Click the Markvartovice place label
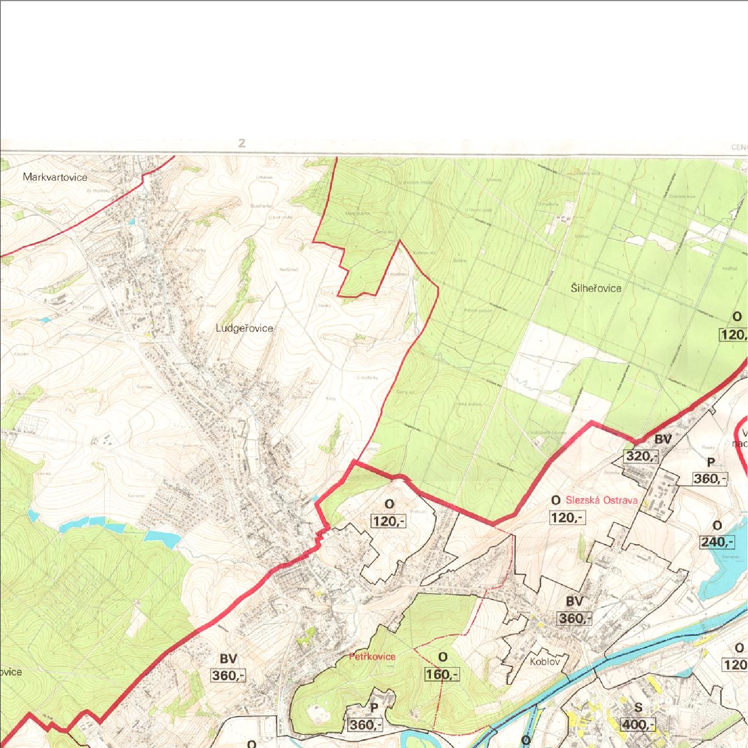click(x=55, y=177)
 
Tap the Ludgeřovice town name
click(x=244, y=328)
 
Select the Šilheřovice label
click(x=596, y=288)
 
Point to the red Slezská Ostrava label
click(x=601, y=500)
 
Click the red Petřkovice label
click(x=372, y=656)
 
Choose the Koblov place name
click(x=545, y=661)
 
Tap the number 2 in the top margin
click(x=242, y=143)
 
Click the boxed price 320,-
click(x=641, y=456)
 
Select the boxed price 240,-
click(x=717, y=541)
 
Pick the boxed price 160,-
click(x=442, y=674)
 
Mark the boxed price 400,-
click(x=638, y=724)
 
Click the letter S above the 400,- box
click(x=638, y=708)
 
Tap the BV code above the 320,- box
click(x=663, y=439)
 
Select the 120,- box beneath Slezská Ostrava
click(x=567, y=517)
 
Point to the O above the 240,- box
click(x=717, y=526)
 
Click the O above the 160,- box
click(x=443, y=657)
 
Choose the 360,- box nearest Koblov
click(x=574, y=618)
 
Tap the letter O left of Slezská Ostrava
click(x=556, y=501)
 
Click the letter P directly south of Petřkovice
click(x=374, y=708)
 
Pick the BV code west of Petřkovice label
click(x=228, y=659)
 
